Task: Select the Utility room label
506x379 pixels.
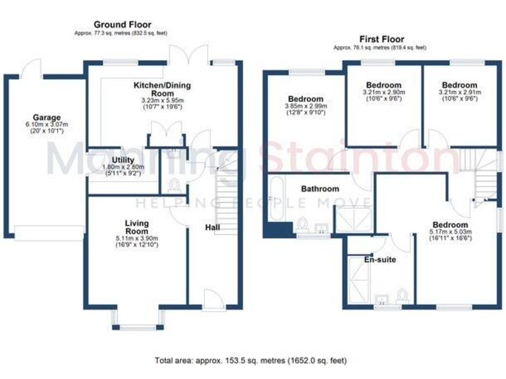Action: tap(123, 160)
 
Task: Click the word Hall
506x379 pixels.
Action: tap(212, 227)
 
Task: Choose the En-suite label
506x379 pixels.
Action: tap(380, 260)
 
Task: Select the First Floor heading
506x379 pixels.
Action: tap(381, 39)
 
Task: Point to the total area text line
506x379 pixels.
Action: tap(251, 361)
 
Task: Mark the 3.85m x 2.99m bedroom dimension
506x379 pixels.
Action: tap(304, 106)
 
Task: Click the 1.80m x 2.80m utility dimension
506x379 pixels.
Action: tap(123, 168)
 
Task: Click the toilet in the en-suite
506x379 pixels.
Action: tap(401, 295)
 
